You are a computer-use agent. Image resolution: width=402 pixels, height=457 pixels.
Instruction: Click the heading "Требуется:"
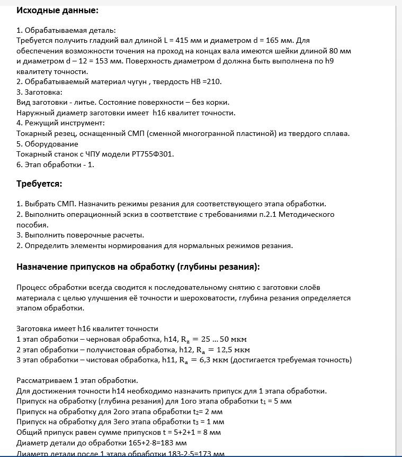[x=39, y=184]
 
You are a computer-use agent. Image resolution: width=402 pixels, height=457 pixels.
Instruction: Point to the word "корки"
[x=218, y=102]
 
